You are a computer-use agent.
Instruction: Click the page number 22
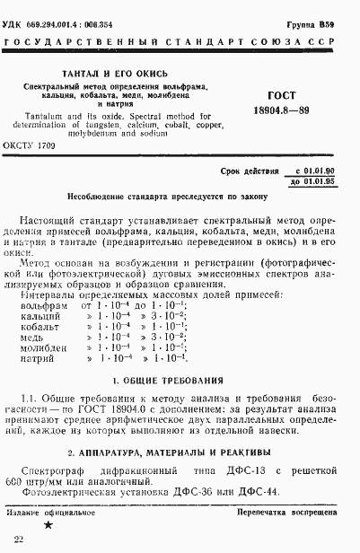tap(20, 539)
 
